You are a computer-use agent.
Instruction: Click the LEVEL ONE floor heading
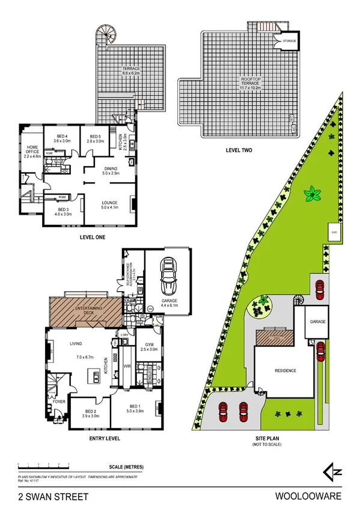(93, 238)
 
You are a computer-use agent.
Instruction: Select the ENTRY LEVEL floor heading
(105, 438)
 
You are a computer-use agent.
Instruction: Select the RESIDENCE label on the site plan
(285, 370)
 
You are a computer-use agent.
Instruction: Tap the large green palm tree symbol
(312, 194)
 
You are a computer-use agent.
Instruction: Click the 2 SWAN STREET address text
(53, 497)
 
